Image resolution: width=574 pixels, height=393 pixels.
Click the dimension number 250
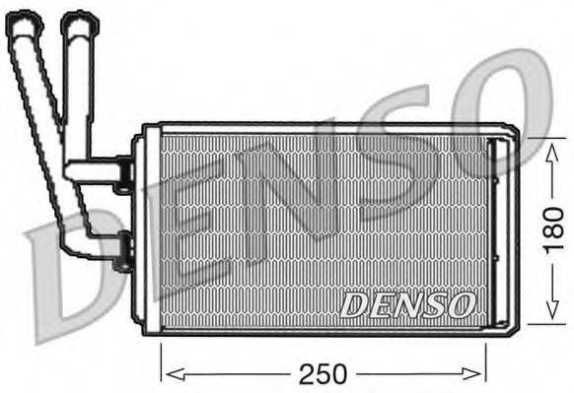tap(323, 373)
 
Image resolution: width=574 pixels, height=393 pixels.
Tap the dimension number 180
tap(554, 230)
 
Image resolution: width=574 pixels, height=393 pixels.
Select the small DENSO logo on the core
tap(406, 304)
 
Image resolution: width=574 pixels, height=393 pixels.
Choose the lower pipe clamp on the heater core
tap(123, 252)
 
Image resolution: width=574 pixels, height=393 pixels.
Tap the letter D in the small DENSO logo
tap(353, 305)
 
